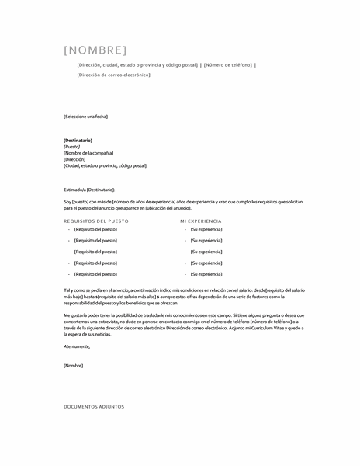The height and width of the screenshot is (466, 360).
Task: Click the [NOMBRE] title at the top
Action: pos(94,50)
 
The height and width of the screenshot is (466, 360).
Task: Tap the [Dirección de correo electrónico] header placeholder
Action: pos(113,75)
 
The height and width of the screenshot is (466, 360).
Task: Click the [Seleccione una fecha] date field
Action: pos(85,116)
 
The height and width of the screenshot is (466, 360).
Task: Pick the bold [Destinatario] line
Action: pos(78,140)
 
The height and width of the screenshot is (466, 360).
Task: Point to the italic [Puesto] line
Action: pos(72,146)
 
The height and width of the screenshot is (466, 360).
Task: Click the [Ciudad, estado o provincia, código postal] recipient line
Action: pos(105,165)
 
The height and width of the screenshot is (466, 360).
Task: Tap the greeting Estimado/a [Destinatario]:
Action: pos(88,190)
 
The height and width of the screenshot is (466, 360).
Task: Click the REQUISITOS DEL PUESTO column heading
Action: pos(96,221)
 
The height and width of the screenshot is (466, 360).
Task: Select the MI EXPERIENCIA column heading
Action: pos(200,221)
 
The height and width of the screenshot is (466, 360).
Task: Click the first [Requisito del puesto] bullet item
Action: pos(95,230)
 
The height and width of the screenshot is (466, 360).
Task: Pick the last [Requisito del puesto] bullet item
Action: pos(95,274)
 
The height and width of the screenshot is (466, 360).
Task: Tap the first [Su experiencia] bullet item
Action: pos(206,230)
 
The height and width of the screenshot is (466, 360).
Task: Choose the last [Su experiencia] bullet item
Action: pos(206,274)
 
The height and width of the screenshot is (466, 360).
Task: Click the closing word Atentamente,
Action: pos(77,346)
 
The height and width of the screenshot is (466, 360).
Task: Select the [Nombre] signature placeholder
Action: pos(74,365)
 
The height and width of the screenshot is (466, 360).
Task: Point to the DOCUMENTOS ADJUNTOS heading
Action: pos(93,406)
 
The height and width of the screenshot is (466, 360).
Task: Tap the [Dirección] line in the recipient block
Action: pos(74,159)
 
